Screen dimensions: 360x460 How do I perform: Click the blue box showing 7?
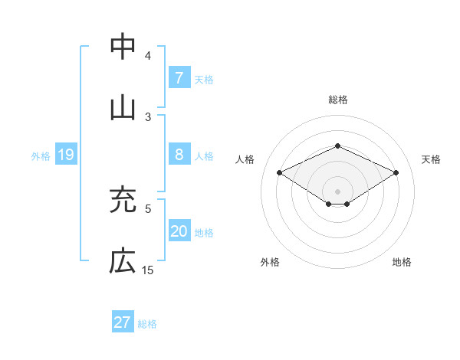pos(179,77)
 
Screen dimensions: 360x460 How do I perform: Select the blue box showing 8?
pos(179,155)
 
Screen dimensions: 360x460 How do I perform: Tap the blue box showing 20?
pos(179,232)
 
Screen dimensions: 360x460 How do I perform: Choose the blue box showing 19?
pos(66,155)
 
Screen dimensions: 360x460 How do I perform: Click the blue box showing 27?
pos(123,322)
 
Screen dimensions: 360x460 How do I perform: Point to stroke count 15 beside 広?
pos(148,270)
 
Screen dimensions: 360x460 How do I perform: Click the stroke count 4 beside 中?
pos(148,56)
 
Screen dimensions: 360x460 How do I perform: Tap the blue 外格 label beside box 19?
pos(41,156)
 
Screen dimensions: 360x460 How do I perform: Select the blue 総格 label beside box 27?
pos(147,324)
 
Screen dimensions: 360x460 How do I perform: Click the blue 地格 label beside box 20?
pos(204,233)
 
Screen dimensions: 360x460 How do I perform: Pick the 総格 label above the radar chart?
pos(337,100)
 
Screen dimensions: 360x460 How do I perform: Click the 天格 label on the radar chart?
pos(431,159)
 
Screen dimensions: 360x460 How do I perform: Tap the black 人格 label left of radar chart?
pos(245,159)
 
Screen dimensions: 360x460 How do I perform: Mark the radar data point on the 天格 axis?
pos(396,173)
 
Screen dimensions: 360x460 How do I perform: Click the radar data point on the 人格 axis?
pos(280,173)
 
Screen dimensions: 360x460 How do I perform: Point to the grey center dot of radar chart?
pos(337,191)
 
